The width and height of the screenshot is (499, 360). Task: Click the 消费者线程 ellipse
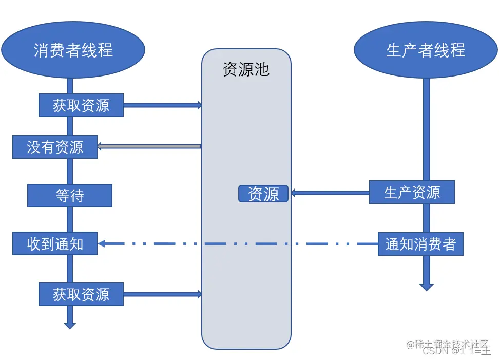tap(73, 50)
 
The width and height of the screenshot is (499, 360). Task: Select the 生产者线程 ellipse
tap(426, 50)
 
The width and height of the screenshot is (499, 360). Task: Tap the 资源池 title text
tap(246, 69)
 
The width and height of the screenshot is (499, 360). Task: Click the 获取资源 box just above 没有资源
tap(81, 105)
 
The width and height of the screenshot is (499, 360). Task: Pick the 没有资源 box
tap(55, 147)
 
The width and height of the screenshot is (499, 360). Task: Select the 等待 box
tap(70, 196)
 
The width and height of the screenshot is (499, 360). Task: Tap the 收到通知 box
tap(55, 243)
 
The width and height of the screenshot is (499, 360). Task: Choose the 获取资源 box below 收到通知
tap(81, 294)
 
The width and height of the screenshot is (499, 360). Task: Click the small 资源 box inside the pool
tap(263, 194)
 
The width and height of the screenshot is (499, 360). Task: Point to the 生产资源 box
tap(412, 192)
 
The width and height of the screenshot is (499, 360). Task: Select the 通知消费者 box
tap(420, 244)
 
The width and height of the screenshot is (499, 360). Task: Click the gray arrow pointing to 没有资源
tap(149, 146)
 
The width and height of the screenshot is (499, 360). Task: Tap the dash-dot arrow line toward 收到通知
tap(236, 244)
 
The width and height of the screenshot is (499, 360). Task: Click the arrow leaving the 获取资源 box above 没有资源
tap(162, 105)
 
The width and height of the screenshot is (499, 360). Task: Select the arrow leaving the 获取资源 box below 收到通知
tap(162, 294)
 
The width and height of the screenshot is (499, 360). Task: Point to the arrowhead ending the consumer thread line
tap(70, 325)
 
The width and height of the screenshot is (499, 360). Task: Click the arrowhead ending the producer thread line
tap(426, 287)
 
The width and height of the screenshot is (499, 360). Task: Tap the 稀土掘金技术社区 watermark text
tap(452, 344)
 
